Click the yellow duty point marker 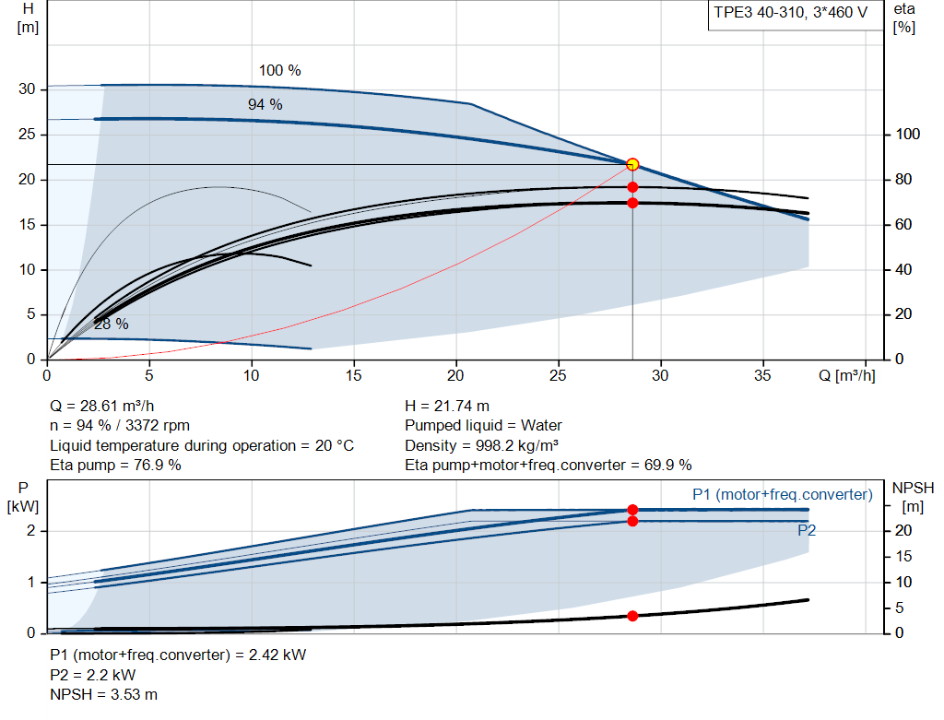pos(632,164)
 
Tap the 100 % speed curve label pos(280,70)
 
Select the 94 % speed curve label pos(265,104)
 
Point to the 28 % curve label pos(112,324)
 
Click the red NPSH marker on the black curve pos(632,616)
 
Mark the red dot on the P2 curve pos(632,521)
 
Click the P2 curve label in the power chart pos(807,530)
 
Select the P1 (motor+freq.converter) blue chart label pos(783,494)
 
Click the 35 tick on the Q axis pos(762,375)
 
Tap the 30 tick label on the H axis pos(27,89)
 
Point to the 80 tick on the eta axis pos(903,180)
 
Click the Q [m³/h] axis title pos(846,375)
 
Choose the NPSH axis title pos(913,488)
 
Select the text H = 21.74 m pos(447,407)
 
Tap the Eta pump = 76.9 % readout pos(115,466)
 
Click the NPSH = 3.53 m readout pos(103,695)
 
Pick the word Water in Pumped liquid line pos(541,426)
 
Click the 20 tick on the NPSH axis pos(903,530)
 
